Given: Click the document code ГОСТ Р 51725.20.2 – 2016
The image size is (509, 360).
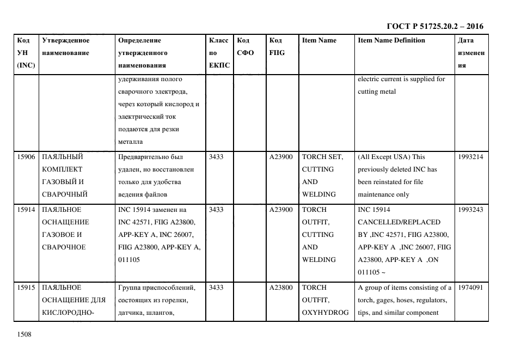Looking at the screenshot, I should coord(434,26).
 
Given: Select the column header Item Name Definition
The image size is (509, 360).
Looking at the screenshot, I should coord(391,40).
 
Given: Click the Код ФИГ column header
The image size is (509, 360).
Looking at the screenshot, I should coord(277,46).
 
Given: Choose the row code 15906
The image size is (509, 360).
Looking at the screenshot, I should coord(26,157).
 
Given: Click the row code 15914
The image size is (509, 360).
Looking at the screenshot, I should coord(26,210).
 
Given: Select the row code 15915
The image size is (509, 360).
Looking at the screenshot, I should coord(26,288).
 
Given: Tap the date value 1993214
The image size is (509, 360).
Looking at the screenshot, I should coord(471,157).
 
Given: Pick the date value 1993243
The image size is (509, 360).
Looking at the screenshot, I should coord(471,210).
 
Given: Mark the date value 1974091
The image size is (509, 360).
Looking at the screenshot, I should coord(471,288).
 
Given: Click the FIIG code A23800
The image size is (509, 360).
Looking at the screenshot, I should coord(281,288).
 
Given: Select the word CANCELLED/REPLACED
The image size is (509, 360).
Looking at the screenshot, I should coord(399,222).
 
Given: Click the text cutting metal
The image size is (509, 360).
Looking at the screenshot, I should coord(377,91).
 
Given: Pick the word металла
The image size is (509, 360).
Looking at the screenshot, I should coord(130,142).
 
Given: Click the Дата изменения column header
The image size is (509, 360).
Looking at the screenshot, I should coord(471,53).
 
